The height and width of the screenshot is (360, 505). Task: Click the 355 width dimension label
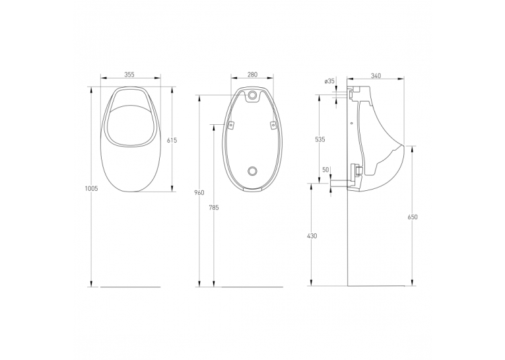tap(129, 75)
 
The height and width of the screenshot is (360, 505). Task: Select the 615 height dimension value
tap(172, 140)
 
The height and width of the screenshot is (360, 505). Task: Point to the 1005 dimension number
tap(91, 189)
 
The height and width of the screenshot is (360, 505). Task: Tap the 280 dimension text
tap(252, 75)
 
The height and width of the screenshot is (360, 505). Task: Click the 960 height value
tap(199, 193)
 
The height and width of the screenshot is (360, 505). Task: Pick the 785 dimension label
tap(214, 208)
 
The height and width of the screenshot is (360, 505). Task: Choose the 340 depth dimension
tap(376, 76)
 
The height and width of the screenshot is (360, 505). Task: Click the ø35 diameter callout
tap(330, 81)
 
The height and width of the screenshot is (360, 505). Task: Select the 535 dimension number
tap(320, 139)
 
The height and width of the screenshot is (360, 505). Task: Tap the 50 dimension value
tap(325, 170)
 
